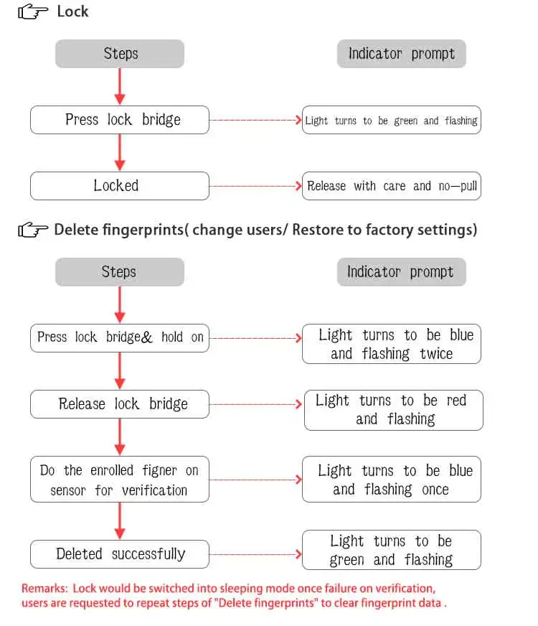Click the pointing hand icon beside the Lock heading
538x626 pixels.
point(33,11)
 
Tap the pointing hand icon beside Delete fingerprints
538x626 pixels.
point(33,230)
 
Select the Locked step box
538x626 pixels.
point(120,186)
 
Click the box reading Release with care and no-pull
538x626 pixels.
point(392,186)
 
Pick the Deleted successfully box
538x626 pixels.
point(120,554)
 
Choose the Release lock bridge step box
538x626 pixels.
point(120,404)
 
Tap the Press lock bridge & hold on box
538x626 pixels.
point(120,338)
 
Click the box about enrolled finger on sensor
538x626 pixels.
point(120,479)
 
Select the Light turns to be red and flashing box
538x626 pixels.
point(394,410)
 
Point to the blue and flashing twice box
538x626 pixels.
point(392,344)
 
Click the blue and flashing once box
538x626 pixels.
point(392,479)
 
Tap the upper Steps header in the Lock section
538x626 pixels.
point(120,54)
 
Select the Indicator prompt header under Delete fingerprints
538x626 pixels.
point(401,272)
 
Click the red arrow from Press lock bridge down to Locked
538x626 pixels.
point(120,152)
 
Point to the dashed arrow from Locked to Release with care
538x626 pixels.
point(255,186)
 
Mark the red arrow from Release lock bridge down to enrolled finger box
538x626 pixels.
point(120,436)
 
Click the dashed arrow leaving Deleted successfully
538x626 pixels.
point(255,554)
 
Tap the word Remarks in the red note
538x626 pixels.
point(44,589)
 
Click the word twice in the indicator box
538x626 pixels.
point(436,354)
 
